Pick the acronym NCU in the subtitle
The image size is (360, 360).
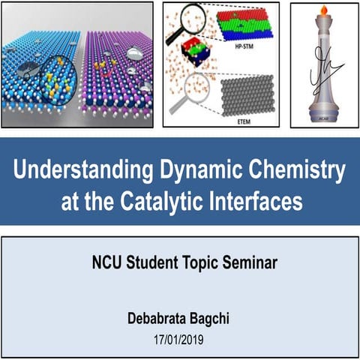coord(105,263)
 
